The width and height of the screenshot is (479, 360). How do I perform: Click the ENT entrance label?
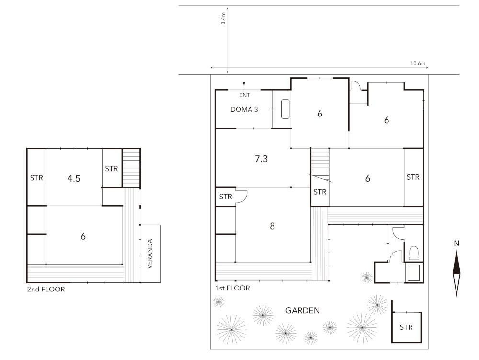point(244,95)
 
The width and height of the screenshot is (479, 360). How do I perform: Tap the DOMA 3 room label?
point(244,109)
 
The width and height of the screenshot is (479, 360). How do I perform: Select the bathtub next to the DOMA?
point(285,109)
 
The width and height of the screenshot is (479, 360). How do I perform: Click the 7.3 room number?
point(261,159)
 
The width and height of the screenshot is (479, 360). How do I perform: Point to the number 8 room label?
point(272,226)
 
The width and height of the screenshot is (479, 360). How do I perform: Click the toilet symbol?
point(414,253)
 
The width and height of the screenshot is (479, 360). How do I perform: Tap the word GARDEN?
point(302,311)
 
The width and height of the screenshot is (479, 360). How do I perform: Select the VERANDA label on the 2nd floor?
point(150,254)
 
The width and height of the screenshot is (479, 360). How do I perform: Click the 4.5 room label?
point(74,178)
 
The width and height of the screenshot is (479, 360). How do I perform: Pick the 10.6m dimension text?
point(418,64)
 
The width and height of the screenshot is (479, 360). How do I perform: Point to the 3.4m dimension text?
point(223,18)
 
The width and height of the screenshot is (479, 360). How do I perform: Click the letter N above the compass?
point(456,243)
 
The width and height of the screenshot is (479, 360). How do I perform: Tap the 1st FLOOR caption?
point(232,288)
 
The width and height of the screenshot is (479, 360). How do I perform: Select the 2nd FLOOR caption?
point(46,289)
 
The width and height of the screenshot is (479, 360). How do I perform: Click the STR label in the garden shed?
point(406,327)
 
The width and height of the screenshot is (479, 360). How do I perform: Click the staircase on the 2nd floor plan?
point(131,168)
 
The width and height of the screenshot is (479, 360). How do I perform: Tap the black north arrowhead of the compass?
point(456,262)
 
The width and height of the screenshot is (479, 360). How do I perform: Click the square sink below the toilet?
point(414,273)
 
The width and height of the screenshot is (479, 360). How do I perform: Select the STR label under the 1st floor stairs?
point(320,192)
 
